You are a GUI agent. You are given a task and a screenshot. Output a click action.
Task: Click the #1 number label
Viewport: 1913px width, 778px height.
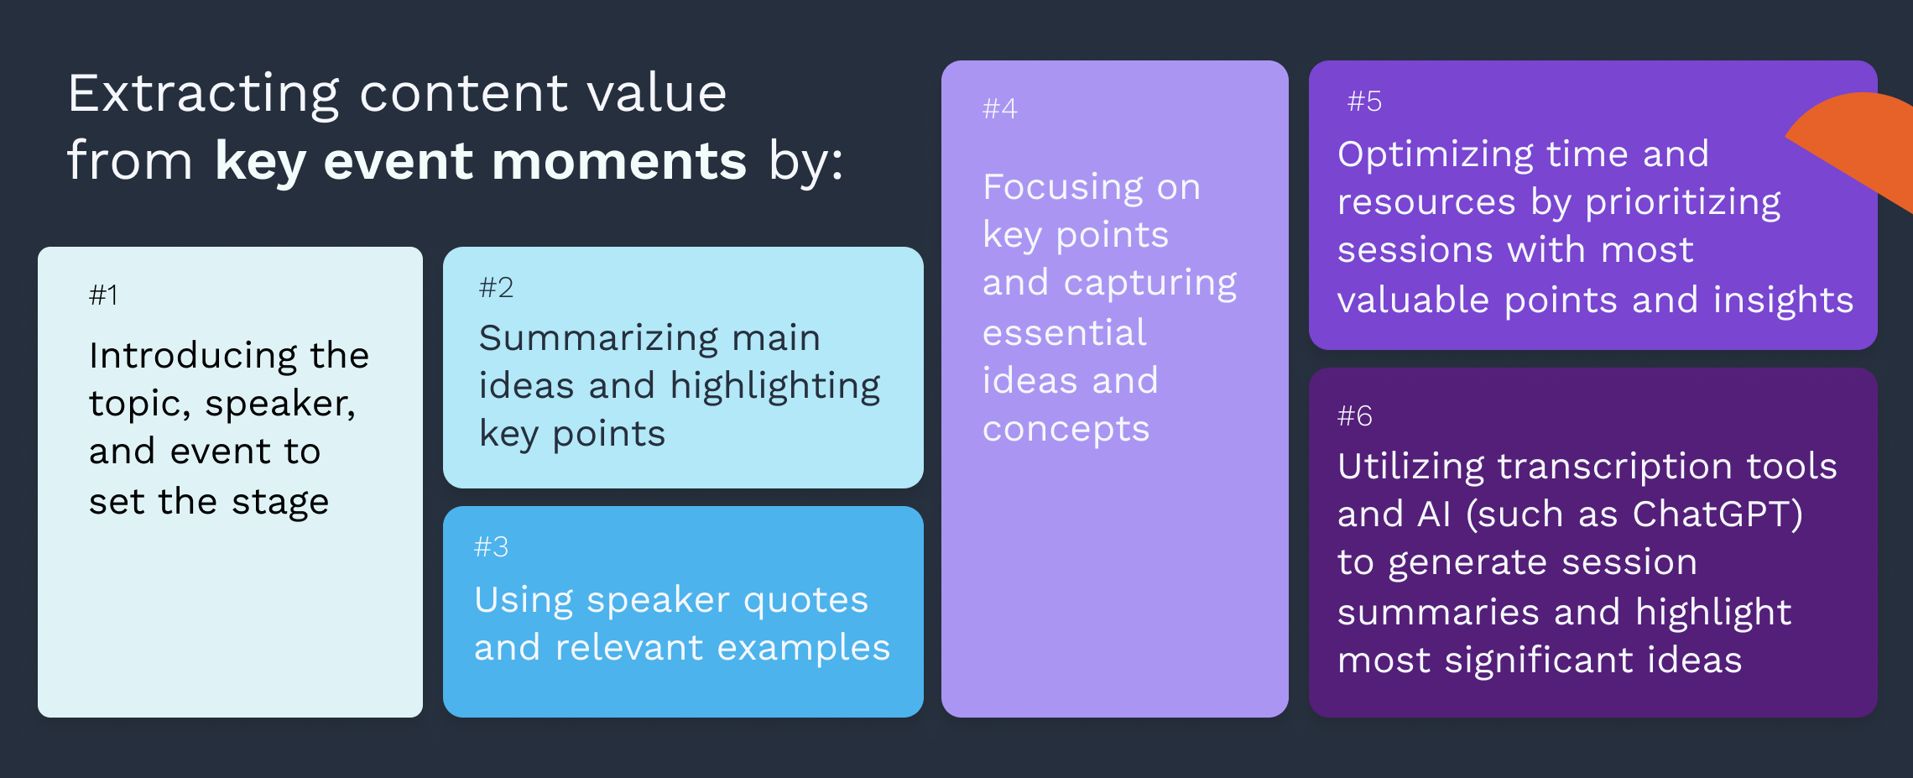(103, 295)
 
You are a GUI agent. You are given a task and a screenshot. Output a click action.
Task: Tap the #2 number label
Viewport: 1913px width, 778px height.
(496, 288)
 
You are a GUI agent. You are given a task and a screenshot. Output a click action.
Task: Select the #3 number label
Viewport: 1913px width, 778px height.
(491, 547)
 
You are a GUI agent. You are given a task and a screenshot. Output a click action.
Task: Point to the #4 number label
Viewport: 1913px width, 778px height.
(999, 108)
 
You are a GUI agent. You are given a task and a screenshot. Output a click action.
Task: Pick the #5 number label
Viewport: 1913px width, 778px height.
(1364, 102)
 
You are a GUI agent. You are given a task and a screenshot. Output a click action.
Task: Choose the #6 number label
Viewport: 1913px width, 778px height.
(1354, 415)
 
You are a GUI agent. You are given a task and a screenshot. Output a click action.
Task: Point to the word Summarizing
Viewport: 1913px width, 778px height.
(598, 339)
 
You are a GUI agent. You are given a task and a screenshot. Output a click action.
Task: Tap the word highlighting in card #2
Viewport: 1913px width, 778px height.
(775, 387)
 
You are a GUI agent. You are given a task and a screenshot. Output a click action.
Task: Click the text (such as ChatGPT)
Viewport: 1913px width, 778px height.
(1634, 514)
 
